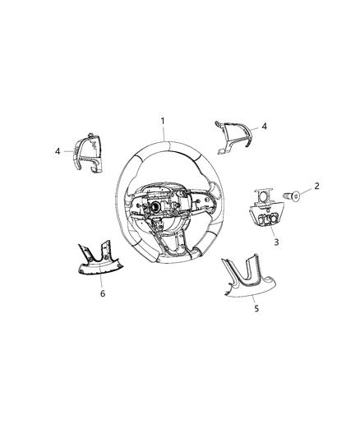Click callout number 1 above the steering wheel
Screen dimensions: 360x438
point(163,121)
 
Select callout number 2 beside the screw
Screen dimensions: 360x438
point(316,186)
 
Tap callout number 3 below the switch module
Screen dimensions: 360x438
point(276,242)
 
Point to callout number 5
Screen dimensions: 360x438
point(256,308)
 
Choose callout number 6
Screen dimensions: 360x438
point(103,293)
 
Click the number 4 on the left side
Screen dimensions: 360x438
point(58,151)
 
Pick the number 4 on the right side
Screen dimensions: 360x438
point(264,127)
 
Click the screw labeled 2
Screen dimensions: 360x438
point(292,196)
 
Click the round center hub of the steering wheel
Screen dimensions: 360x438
point(154,208)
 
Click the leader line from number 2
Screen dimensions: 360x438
point(307,191)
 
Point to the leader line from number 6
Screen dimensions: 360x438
point(100,281)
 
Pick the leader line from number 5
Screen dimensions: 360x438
point(254,300)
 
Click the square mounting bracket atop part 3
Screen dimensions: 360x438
point(264,196)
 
